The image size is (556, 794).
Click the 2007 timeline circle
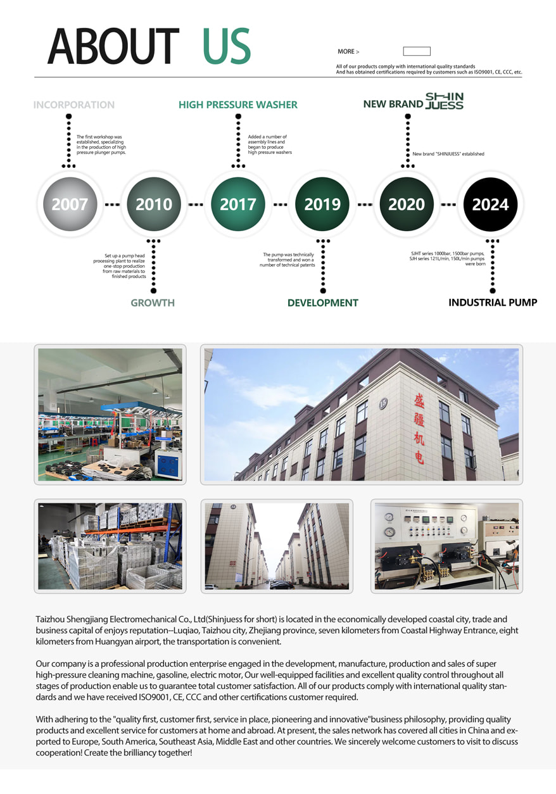pyautogui.click(x=70, y=204)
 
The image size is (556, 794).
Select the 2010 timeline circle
pyautogui.click(x=154, y=204)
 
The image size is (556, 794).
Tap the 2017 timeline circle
pyautogui.click(x=238, y=204)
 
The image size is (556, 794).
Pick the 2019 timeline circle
pyautogui.click(x=322, y=204)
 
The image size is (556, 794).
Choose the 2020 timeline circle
pyautogui.click(x=407, y=204)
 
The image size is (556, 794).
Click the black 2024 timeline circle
pyautogui.click(x=490, y=204)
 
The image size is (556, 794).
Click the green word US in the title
pyautogui.click(x=227, y=46)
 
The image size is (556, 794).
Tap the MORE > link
pyautogui.click(x=348, y=52)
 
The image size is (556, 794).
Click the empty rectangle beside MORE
pyautogui.click(x=417, y=51)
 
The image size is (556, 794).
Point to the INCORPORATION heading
pyautogui.click(x=73, y=105)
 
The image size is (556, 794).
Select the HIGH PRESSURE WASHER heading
pyautogui.click(x=238, y=105)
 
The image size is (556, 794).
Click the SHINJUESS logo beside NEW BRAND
pyautogui.click(x=445, y=101)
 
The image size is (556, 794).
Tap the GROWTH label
pyautogui.click(x=153, y=303)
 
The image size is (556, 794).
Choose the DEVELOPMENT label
pyautogui.click(x=323, y=303)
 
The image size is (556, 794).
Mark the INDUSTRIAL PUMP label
pyautogui.click(x=493, y=303)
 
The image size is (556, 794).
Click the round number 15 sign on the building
pyautogui.click(x=383, y=403)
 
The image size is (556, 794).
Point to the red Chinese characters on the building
pyautogui.click(x=419, y=429)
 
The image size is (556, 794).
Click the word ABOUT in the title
pyautogui.click(x=113, y=46)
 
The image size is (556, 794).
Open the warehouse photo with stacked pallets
pyautogui.click(x=110, y=546)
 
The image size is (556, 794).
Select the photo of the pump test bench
pyautogui.click(x=447, y=546)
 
